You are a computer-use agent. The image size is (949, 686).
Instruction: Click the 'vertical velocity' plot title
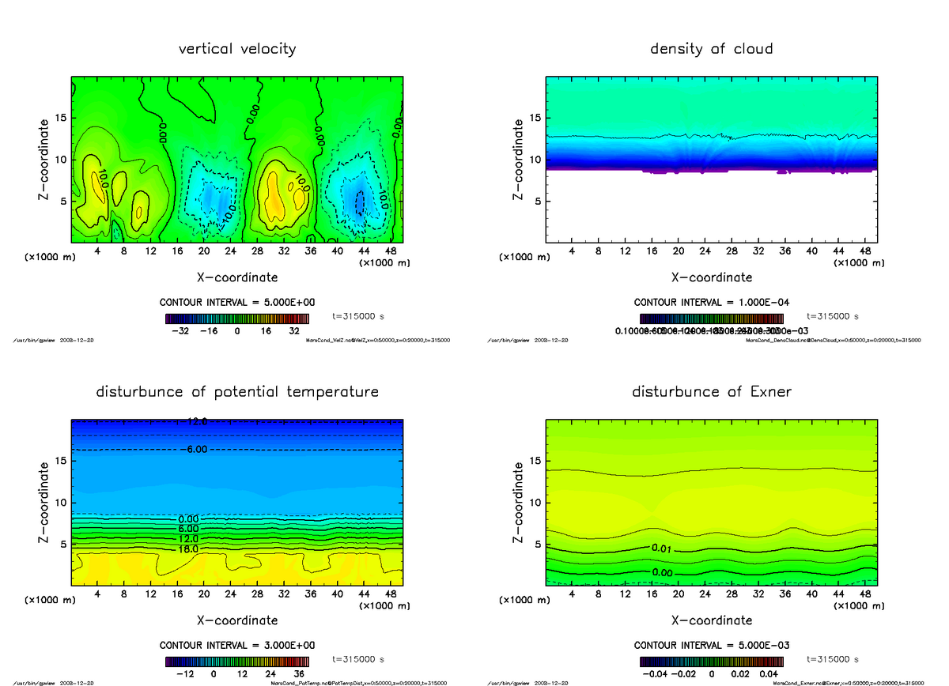(x=237, y=49)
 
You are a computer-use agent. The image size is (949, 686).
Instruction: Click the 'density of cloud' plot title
(x=711, y=49)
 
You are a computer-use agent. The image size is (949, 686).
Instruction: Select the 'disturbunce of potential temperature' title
(x=237, y=392)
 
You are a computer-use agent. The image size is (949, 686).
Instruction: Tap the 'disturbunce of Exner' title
(x=712, y=392)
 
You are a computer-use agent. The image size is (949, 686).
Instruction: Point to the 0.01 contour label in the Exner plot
(x=663, y=548)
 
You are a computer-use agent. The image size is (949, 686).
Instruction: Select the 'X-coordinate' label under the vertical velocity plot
(x=237, y=277)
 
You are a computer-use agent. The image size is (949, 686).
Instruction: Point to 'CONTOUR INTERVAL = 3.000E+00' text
(x=237, y=645)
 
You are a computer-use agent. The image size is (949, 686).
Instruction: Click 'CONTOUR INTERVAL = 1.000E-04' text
(x=712, y=302)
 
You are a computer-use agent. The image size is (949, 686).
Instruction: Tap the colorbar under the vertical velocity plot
(x=237, y=318)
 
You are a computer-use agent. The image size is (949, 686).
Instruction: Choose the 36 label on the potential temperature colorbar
(x=299, y=674)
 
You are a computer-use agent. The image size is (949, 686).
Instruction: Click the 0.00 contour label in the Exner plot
(x=663, y=572)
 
